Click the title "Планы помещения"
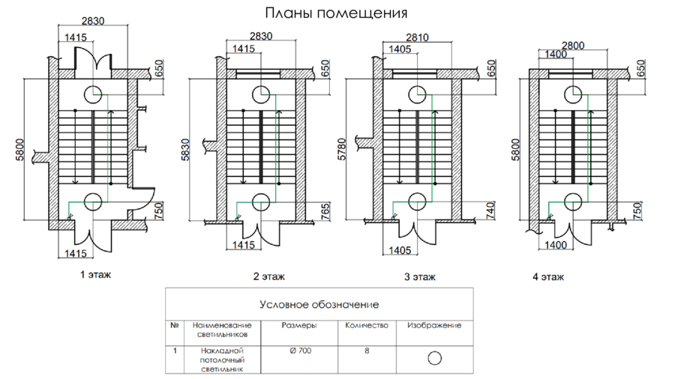coord(336,13)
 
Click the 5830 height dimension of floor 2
coord(185,150)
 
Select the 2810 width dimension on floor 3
coord(417,37)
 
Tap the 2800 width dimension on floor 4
coord(573,46)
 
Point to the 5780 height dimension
coord(342,149)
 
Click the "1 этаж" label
coord(95,275)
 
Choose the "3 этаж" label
coord(420,276)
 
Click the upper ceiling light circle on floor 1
coord(92,95)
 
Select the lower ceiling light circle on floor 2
coord(261,201)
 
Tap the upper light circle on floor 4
coord(573,94)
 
